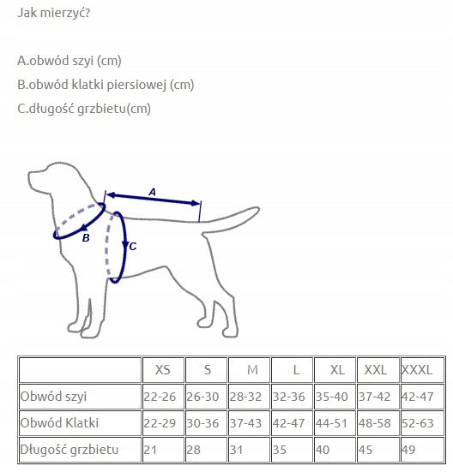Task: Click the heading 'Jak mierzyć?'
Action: point(54,13)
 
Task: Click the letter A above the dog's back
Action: point(153,192)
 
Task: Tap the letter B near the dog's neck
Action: point(86,238)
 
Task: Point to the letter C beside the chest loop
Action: point(133,247)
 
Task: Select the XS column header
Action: point(163,370)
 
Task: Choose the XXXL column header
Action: point(417,370)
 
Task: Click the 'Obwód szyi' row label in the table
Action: point(53,397)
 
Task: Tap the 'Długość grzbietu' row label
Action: point(69,450)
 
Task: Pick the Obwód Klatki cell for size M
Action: point(245,423)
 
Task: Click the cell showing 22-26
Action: point(160,397)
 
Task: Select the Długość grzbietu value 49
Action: point(408,450)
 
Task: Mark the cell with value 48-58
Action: point(375,423)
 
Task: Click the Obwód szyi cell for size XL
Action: point(331,397)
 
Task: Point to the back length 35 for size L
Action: point(280,450)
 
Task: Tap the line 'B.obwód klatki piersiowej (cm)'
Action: point(106,85)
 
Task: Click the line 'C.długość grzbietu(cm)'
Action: point(84,109)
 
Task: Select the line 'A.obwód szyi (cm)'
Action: point(69,61)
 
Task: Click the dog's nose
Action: point(30,176)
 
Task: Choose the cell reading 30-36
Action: point(202,423)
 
